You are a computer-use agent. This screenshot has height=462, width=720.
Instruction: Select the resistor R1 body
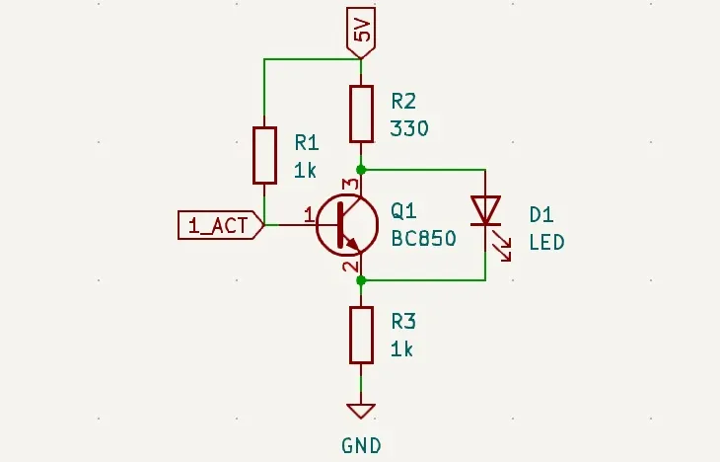264,155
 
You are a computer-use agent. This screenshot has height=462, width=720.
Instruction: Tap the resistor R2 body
362,114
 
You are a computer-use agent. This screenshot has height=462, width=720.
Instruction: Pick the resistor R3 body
362,335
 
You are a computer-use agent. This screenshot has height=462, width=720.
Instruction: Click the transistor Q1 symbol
346,225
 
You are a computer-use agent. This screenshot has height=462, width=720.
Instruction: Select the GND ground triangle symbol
362,411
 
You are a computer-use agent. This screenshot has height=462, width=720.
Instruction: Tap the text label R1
306,142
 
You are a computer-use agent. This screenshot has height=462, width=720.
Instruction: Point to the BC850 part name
423,239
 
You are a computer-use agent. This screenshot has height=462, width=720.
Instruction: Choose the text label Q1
403,211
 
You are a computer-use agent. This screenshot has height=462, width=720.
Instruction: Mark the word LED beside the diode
546,242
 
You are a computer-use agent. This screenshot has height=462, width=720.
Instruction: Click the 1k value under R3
402,349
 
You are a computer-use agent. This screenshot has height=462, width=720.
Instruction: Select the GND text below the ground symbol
361,446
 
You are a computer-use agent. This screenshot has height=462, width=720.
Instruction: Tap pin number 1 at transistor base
309,213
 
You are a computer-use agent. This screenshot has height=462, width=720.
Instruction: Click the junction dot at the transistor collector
362,170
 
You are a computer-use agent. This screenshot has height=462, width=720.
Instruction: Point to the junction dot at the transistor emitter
362,280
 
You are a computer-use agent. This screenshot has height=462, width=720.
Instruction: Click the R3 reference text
403,322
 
